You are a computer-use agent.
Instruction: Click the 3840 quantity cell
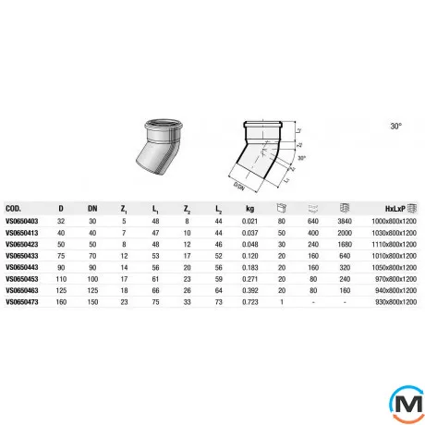pos(346,222)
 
